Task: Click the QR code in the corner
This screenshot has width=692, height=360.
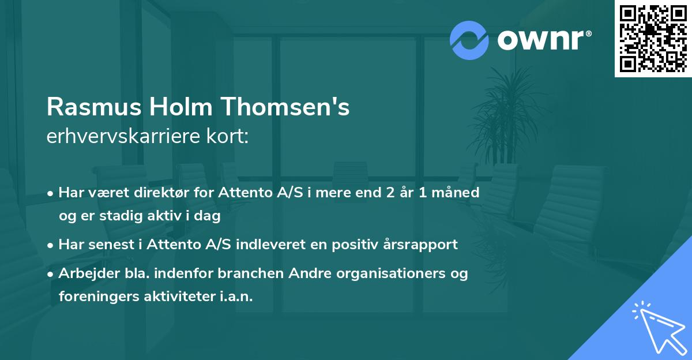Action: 653,38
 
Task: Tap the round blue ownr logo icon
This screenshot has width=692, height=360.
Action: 469,40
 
